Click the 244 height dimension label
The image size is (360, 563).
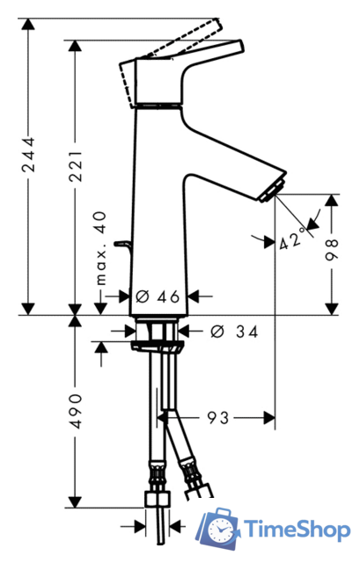[x=28, y=155]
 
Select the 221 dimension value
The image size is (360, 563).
[x=76, y=166]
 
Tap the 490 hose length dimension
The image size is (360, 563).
[x=76, y=412]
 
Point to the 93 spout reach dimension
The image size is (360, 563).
[x=218, y=418]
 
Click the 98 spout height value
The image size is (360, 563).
[x=332, y=250]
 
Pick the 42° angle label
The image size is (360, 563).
[x=292, y=238]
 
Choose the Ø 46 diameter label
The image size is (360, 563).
[x=158, y=296]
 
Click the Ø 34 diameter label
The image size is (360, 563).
[x=234, y=332]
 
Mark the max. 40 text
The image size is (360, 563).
[x=101, y=248]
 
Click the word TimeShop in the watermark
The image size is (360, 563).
[x=298, y=530]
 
